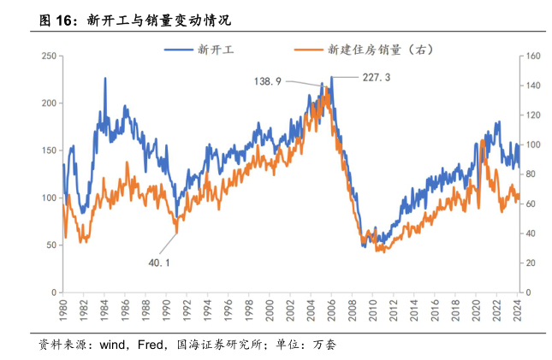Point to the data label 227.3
tap(377, 78)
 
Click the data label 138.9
tap(268, 81)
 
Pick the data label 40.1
tap(160, 262)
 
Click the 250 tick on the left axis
tap(49, 56)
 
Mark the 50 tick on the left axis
tap(51, 245)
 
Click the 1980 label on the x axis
tap(63, 308)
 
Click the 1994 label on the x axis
tap(206, 308)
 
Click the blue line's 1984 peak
tap(105, 79)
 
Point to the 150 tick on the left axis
tap(49, 150)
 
